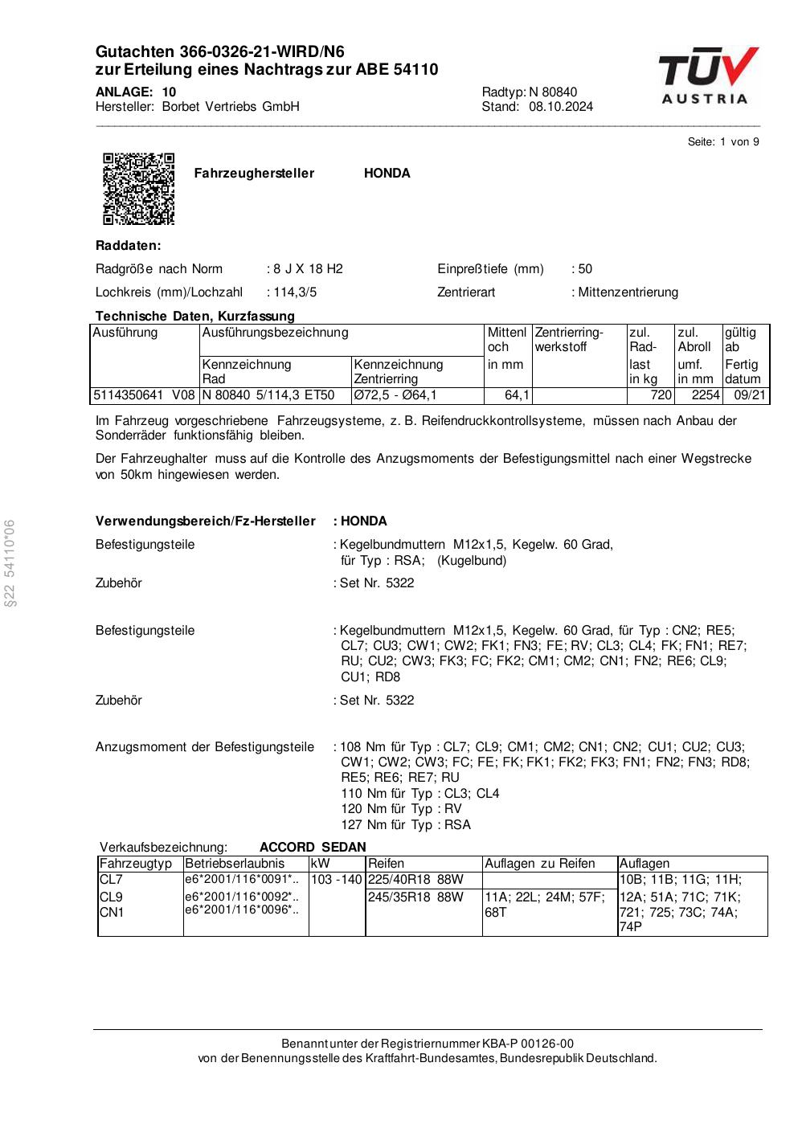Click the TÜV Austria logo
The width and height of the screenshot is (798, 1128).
707,76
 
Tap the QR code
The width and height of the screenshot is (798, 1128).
138,189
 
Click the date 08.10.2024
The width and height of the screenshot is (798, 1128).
561,107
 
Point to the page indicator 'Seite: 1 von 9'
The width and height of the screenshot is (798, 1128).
723,142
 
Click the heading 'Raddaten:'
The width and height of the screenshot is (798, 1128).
128,245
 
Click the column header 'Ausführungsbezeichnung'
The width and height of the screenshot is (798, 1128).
276,332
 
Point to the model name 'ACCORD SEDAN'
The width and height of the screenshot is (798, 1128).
313,847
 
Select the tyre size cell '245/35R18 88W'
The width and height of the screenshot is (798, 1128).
415,897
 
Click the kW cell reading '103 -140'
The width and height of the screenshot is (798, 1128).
337,880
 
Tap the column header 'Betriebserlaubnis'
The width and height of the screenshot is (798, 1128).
235,864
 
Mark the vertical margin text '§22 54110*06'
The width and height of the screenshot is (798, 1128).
10,562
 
